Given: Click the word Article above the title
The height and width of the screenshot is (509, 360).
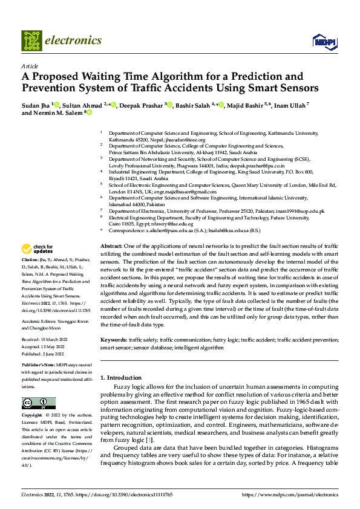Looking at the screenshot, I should (30, 66).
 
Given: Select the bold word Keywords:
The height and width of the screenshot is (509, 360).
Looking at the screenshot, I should (114, 341).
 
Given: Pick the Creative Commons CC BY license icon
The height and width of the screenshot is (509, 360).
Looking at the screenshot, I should (38, 403).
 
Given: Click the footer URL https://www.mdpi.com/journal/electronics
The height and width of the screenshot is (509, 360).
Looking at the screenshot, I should (290, 494).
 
